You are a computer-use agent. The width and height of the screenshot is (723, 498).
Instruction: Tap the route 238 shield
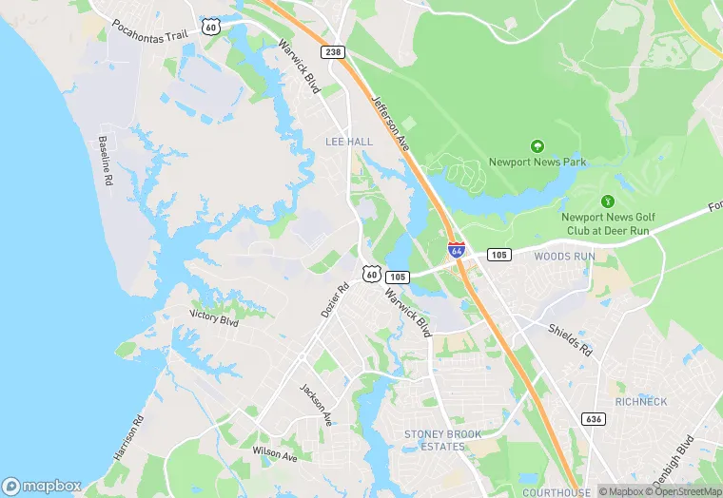click(x=332, y=51)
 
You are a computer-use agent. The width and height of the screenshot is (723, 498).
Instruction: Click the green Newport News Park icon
click(x=537, y=146)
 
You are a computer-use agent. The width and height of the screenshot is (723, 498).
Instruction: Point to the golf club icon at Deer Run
click(x=607, y=201)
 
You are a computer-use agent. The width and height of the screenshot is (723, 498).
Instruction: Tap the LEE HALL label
click(x=349, y=142)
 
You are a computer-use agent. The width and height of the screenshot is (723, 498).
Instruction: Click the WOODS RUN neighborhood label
click(x=564, y=257)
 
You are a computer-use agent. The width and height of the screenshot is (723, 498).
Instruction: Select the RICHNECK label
click(x=641, y=402)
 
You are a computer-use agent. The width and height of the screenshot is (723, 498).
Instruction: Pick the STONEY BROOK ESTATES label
click(x=443, y=440)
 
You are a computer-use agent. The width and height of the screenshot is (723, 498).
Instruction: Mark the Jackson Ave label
click(x=316, y=404)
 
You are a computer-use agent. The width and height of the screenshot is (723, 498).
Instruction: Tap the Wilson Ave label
click(x=275, y=452)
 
